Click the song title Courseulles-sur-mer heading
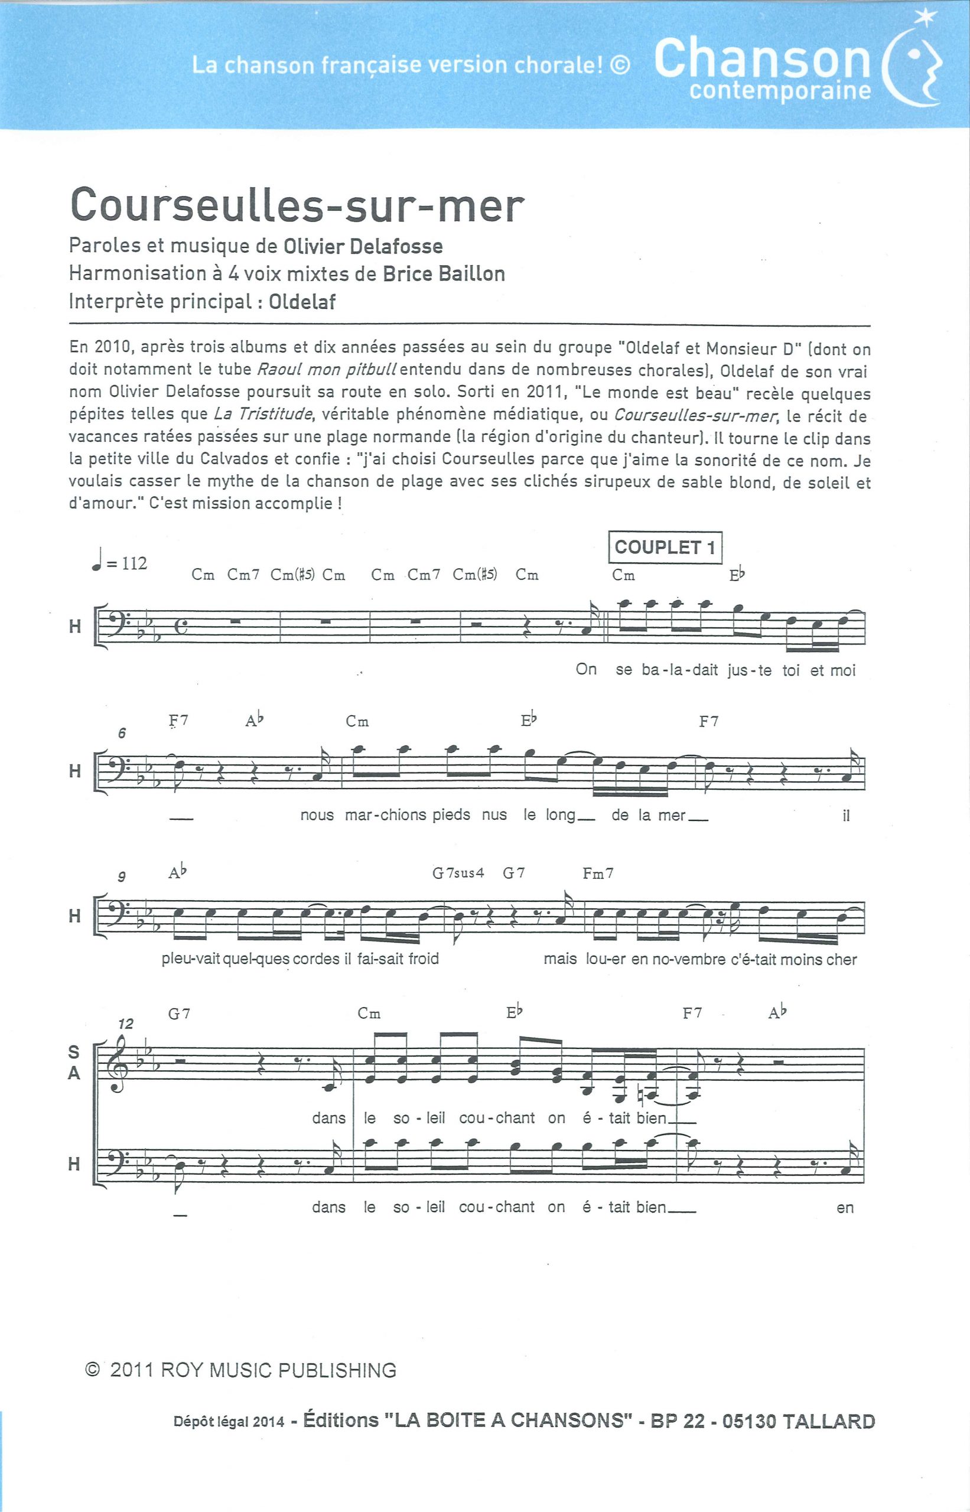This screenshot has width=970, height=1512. (297, 206)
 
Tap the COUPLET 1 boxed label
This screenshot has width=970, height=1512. (665, 548)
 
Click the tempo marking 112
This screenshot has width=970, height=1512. (134, 563)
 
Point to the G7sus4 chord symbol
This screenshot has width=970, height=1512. (457, 874)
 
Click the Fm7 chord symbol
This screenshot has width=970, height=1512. (598, 874)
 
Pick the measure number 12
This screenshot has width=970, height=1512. (126, 1024)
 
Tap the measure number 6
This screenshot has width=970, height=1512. (122, 733)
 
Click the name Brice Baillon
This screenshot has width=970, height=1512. (444, 274)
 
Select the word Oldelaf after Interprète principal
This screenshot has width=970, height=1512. (302, 302)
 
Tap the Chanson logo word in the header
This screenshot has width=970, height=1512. (762, 58)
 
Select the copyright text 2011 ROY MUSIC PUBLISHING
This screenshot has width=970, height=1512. (253, 1370)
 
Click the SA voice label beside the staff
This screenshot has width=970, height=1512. (74, 1063)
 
